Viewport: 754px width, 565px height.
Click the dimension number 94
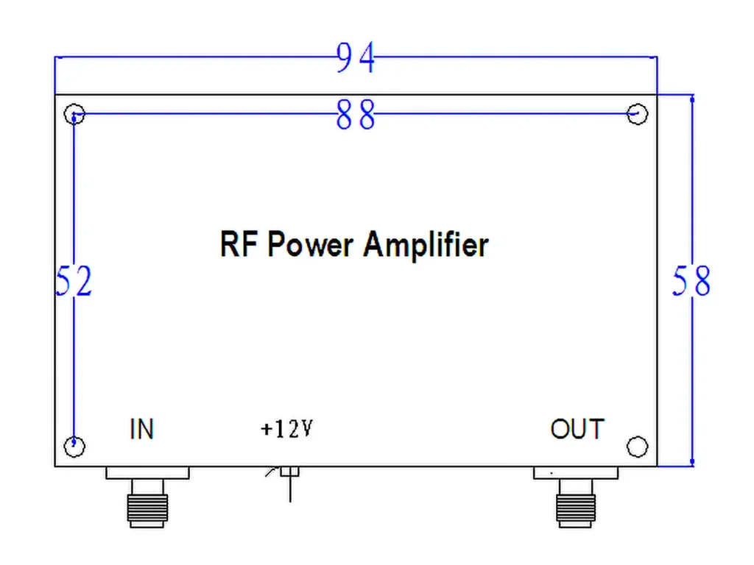click(x=356, y=58)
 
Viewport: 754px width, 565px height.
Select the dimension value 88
click(x=356, y=116)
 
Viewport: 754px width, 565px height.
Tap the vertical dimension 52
click(x=74, y=282)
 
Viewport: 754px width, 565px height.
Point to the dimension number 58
click(x=691, y=282)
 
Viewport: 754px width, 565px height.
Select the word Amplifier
click(x=425, y=244)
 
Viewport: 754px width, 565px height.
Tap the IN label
click(x=141, y=429)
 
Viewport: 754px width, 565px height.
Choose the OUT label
click(x=577, y=429)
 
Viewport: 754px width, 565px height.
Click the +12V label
click(x=287, y=429)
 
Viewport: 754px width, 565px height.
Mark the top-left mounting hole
click(x=75, y=114)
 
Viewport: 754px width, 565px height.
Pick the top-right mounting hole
click(x=637, y=114)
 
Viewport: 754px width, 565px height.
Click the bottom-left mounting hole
click(x=75, y=446)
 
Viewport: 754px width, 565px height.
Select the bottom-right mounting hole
click(x=637, y=446)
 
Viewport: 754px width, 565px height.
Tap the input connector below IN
click(x=147, y=504)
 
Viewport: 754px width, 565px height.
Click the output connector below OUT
click(x=576, y=504)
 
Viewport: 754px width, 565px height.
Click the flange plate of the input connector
click(x=147, y=473)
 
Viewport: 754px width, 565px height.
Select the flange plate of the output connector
click(x=576, y=473)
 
